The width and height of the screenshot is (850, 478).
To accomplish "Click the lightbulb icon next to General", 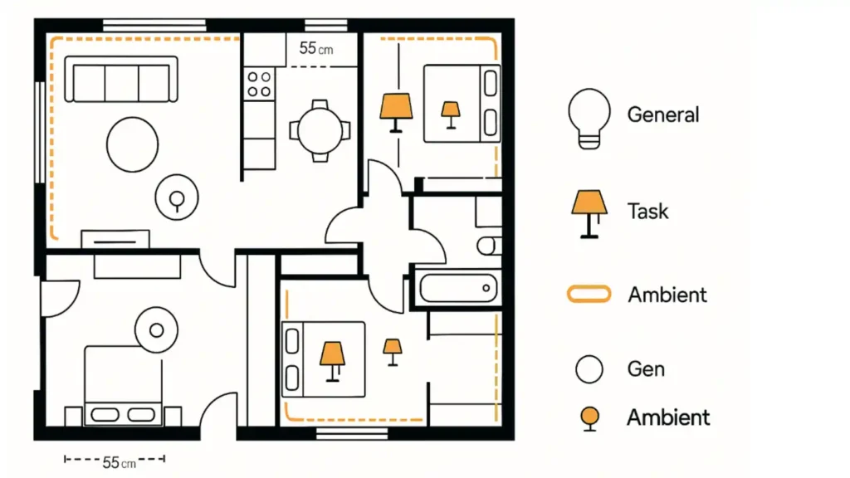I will pos(589,118).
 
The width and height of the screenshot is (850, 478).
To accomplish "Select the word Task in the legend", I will pos(647,211).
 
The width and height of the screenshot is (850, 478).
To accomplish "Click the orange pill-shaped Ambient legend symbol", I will pos(589,294).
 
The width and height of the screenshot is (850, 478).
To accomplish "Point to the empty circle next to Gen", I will pos(589,368).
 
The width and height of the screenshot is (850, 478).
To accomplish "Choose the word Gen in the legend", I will pos(646,368).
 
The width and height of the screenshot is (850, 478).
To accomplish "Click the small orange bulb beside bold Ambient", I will pos(589,417).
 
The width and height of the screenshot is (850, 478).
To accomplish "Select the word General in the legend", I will pos(663,115).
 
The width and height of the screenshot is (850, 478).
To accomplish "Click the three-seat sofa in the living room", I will pos(121,80).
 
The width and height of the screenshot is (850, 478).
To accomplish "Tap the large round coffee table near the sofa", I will pos(132,144).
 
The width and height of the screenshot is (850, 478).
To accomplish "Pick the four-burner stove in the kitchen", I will pos(259,83).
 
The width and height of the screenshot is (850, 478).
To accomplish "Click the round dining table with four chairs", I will pos(320,130).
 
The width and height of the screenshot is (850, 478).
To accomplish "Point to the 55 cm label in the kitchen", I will pos(315,49).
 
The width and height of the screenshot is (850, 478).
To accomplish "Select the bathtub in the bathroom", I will pos(457,289).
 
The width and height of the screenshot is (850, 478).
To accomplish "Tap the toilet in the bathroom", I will pos(489,245).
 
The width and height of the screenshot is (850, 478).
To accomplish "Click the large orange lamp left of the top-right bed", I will pos(396,111).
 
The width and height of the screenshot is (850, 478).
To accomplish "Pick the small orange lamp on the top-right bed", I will pos(451,114).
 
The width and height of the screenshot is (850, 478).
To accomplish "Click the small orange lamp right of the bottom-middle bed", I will pos(392,351).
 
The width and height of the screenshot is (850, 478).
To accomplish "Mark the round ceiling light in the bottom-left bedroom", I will pos(156,330).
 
